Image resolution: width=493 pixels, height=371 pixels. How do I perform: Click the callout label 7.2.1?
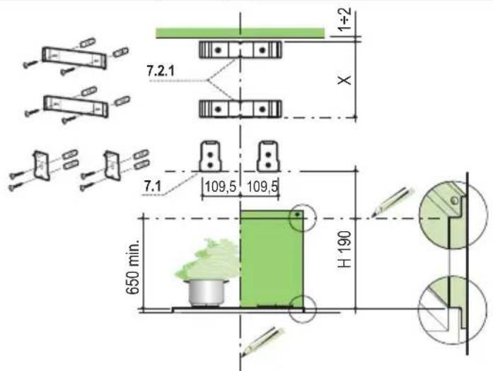(x=161, y=71)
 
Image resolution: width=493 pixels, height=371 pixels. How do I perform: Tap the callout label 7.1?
(x=153, y=187)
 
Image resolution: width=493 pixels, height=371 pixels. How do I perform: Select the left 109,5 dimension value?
(x=221, y=187)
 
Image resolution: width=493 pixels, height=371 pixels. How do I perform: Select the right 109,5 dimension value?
(x=262, y=187)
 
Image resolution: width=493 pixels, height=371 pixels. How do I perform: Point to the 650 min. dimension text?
(x=133, y=267)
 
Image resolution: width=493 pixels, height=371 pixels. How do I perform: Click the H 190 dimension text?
(x=344, y=249)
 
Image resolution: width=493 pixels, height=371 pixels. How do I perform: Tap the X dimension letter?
(x=344, y=80)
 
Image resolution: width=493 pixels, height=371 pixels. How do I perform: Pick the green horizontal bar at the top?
(x=240, y=33)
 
